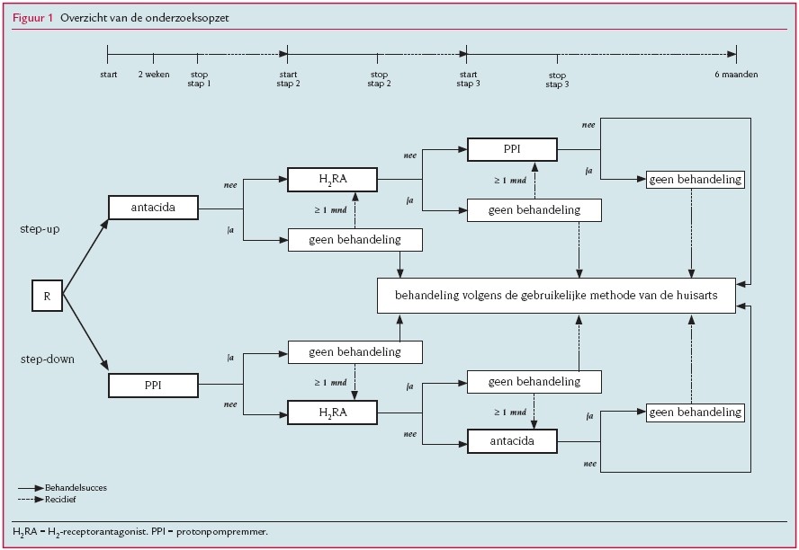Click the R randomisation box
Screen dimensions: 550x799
[47, 296]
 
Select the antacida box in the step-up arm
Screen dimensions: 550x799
[153, 208]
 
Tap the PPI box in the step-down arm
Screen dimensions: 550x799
[153, 386]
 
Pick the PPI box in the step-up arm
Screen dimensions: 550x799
[512, 149]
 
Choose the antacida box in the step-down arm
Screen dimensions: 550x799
[512, 442]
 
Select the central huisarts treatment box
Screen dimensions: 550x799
[556, 296]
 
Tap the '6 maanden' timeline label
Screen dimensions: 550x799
[735, 75]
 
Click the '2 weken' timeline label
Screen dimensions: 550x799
[152, 75]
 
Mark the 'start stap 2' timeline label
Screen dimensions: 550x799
[288, 79]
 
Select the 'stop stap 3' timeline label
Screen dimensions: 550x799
[557, 79]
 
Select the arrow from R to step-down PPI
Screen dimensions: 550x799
[85, 331]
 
